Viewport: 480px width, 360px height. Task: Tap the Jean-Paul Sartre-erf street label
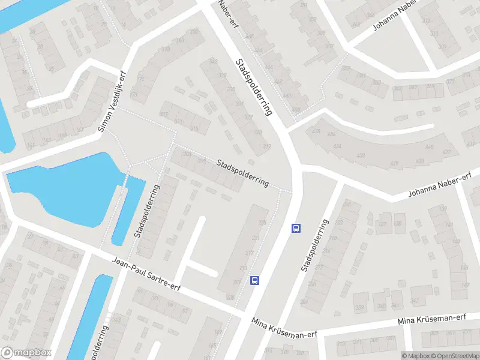146,273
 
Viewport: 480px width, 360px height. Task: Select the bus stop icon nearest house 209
255,280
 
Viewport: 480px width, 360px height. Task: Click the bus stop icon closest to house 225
295,228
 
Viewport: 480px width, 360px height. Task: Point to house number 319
267,146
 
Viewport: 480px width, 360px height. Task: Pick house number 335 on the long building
231,90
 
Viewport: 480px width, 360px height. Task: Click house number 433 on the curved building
361,155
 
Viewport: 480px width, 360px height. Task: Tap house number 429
394,163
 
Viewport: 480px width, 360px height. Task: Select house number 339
359,308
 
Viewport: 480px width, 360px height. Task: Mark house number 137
382,224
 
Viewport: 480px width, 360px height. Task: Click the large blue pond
66,186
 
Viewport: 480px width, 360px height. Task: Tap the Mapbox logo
26,353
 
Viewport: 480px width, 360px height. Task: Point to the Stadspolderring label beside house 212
316,246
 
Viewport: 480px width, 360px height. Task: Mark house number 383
376,82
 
